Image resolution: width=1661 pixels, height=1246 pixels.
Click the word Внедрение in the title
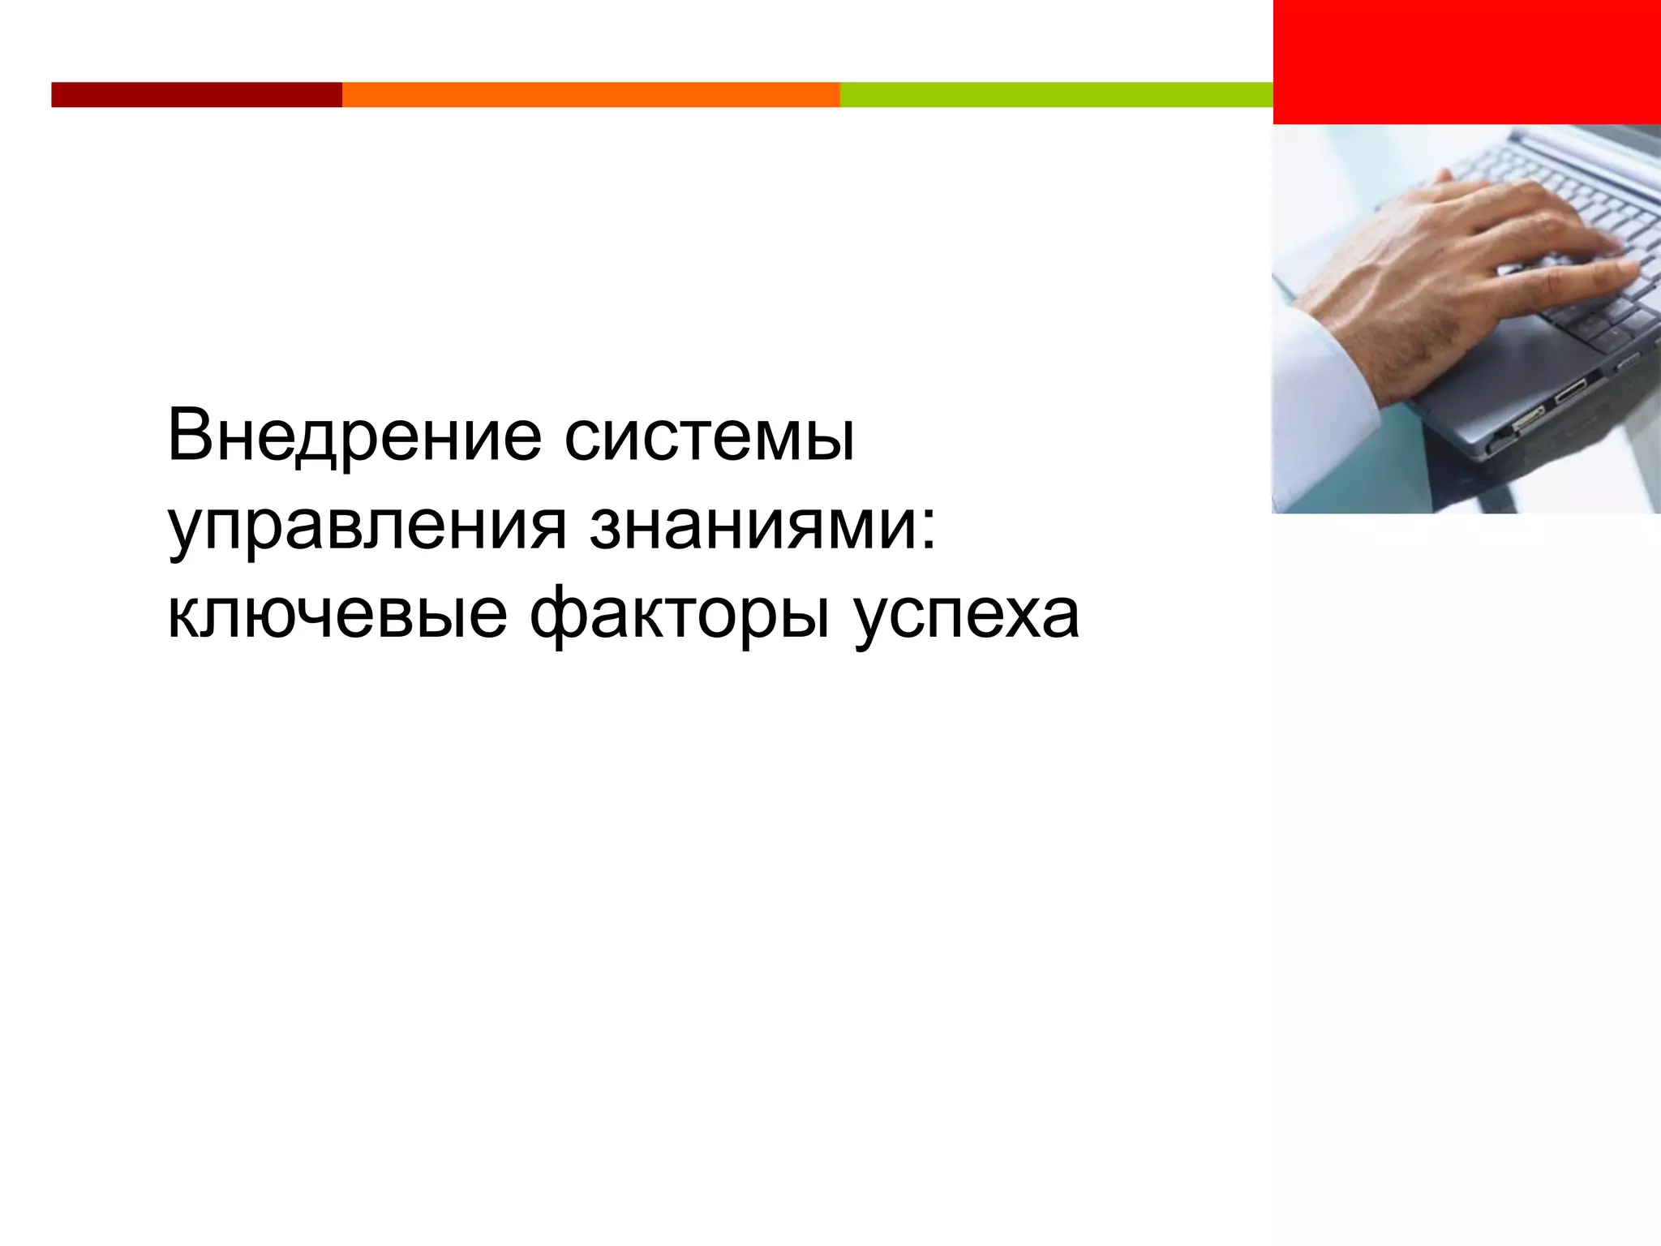point(354,439)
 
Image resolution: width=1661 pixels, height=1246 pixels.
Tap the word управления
point(367,527)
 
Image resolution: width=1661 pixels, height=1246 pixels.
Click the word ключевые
point(337,615)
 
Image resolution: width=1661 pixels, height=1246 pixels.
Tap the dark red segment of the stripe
point(196,95)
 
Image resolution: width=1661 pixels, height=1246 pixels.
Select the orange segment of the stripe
point(590,95)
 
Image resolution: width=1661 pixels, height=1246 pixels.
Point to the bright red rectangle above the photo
point(1466,62)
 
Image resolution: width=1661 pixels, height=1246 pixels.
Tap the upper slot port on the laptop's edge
point(1570,390)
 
